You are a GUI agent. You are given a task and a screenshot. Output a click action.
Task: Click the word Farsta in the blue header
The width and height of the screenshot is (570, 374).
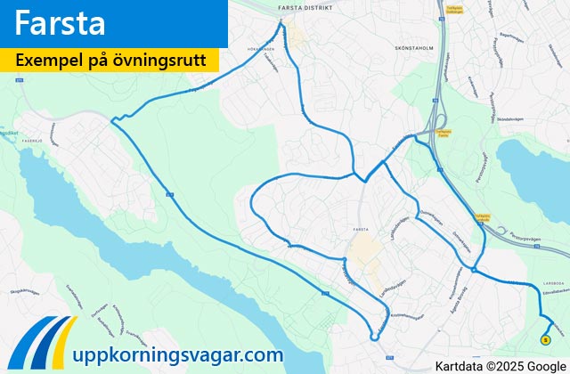[61, 23]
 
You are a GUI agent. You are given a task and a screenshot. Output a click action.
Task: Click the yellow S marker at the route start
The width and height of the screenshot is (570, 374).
[544, 338]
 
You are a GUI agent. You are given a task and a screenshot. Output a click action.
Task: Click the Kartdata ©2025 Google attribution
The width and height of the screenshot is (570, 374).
[501, 364]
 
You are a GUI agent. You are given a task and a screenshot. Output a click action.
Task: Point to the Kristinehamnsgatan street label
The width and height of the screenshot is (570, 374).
[405, 316]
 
